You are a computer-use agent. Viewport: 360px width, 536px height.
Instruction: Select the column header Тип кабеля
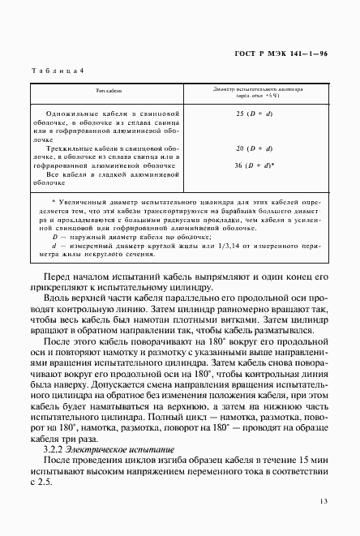109,91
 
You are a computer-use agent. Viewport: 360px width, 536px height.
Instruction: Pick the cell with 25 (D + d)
258,114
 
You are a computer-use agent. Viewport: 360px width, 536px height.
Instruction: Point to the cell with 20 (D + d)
258,149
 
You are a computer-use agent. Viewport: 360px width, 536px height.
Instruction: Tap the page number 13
324,503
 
